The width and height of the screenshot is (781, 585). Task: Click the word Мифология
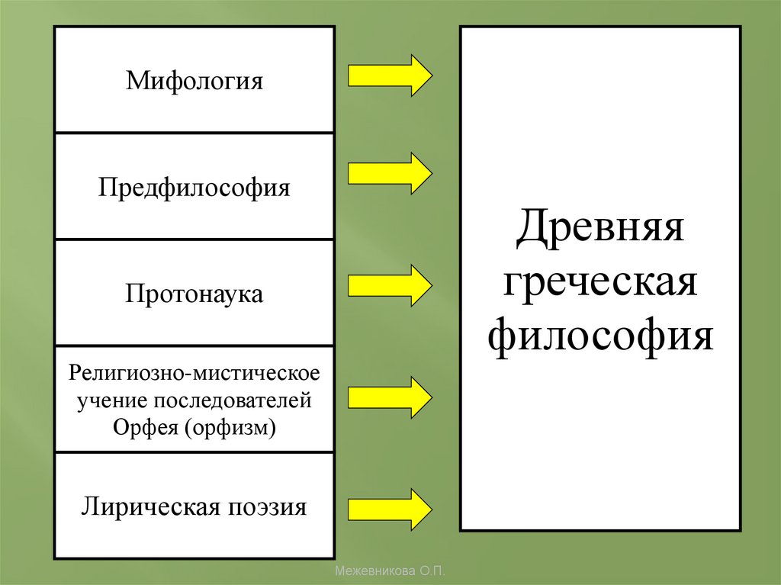(194, 81)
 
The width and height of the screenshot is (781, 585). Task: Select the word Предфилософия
(194, 188)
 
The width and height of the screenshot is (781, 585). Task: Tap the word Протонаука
(194, 294)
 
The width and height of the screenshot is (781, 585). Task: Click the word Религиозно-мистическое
(194, 374)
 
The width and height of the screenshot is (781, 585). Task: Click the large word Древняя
(599, 227)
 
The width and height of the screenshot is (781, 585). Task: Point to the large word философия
(599, 336)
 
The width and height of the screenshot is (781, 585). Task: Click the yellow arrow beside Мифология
(390, 76)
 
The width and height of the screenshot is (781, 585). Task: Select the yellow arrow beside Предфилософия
(390, 173)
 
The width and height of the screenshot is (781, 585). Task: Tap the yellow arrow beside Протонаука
(390, 285)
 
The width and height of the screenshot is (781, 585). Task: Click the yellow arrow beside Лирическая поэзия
(390, 509)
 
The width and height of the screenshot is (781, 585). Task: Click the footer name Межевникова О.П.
(390, 571)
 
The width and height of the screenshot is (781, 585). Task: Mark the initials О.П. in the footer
(431, 571)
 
